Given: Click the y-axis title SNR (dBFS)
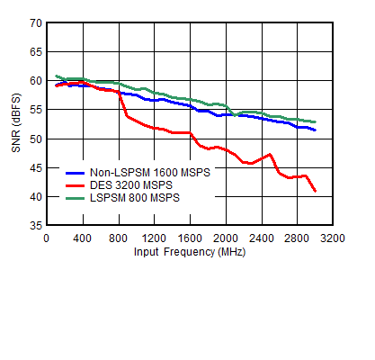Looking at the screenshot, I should pyautogui.click(x=17, y=123).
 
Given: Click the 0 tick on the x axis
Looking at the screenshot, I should pyautogui.click(x=47, y=238).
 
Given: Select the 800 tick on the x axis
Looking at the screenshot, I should pyautogui.click(x=119, y=238).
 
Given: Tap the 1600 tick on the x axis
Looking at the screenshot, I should pyautogui.click(x=190, y=238).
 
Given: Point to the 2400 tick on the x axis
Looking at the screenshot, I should pyautogui.click(x=262, y=238).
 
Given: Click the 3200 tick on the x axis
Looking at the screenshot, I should pyautogui.click(x=333, y=238).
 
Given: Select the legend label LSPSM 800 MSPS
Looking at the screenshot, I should pyautogui.click(x=135, y=198).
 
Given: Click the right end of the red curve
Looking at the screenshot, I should pyautogui.click(x=315, y=191).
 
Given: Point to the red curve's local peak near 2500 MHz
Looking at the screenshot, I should pyautogui.click(x=270, y=154).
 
